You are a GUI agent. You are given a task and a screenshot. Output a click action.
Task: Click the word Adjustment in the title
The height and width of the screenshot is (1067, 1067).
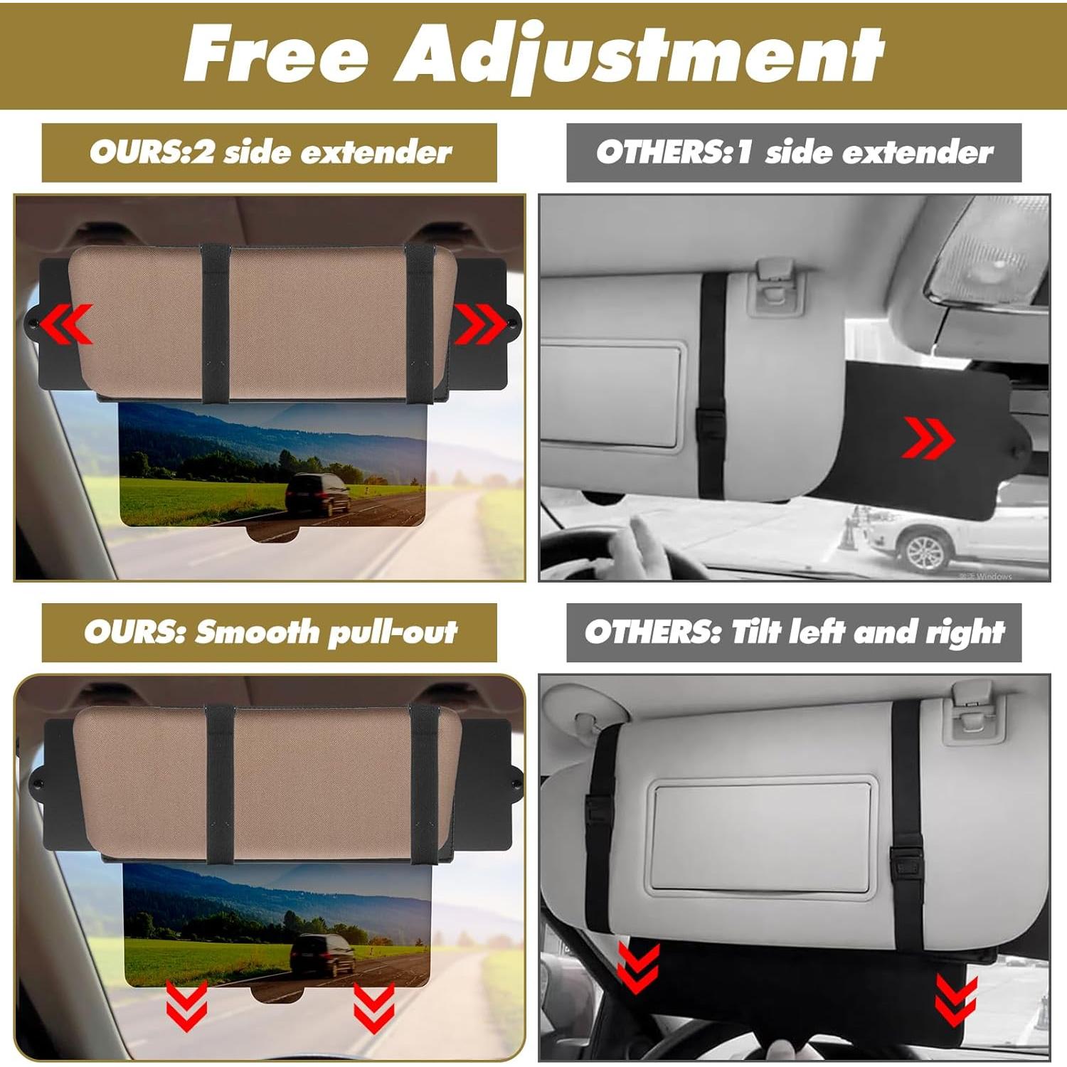tap(639, 57)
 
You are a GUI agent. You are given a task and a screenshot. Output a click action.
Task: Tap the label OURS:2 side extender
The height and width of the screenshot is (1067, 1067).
tap(270, 152)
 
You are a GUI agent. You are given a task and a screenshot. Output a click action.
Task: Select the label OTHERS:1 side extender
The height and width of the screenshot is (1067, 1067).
tap(794, 152)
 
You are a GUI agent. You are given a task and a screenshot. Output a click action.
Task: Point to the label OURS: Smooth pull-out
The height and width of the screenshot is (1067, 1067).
tap(270, 632)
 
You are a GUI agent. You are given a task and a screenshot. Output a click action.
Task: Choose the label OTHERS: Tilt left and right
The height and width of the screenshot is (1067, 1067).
tap(794, 632)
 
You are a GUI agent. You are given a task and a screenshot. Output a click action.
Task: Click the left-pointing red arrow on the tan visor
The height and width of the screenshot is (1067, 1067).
tap(66, 324)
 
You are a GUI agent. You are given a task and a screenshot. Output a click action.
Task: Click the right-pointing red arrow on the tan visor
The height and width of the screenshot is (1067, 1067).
tap(479, 324)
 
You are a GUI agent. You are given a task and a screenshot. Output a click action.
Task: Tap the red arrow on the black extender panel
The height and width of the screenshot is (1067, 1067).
tap(928, 437)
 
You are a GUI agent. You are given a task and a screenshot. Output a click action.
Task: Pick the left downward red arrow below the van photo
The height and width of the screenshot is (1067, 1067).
tap(186, 1004)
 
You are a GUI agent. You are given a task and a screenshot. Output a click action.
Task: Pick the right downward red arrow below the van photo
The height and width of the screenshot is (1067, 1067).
tap(373, 1007)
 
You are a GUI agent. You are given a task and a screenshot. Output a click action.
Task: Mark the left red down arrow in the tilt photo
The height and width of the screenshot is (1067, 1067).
tap(638, 967)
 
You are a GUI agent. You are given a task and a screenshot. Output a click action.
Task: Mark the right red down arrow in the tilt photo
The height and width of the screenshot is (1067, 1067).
tap(956, 999)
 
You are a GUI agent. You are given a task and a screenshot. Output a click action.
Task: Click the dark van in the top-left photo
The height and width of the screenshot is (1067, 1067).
tap(318, 494)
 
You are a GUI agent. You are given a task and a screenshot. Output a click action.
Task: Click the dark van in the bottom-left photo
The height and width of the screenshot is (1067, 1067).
tap(322, 954)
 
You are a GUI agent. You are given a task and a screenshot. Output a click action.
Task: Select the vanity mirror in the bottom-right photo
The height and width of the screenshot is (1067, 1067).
tap(761, 836)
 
